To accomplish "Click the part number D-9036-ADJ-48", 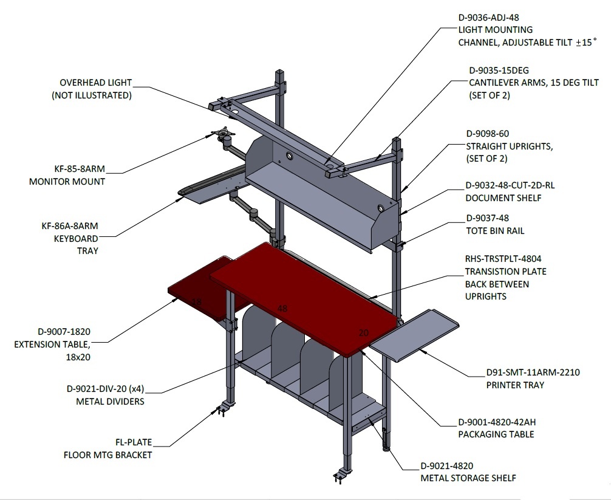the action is click(489, 18).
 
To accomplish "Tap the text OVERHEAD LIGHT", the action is click(96, 83).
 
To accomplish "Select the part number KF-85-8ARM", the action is click(80, 169).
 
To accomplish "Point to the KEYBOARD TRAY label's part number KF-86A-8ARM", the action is click(70, 226).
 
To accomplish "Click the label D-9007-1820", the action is click(64, 332).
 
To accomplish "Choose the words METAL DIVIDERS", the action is click(111, 402).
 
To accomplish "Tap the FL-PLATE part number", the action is click(134, 442).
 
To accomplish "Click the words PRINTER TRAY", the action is click(515, 385).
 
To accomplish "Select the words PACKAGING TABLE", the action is click(496, 434).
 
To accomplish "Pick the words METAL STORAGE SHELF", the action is click(468, 478).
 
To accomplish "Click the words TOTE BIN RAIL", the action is click(495, 231).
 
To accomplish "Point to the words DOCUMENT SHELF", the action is click(503, 198).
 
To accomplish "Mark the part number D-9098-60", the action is click(488, 134).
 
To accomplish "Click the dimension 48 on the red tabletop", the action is click(282, 309).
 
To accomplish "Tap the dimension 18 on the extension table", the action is click(197, 301).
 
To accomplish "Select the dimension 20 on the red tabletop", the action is click(364, 333).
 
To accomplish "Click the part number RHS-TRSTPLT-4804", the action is click(503, 259).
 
